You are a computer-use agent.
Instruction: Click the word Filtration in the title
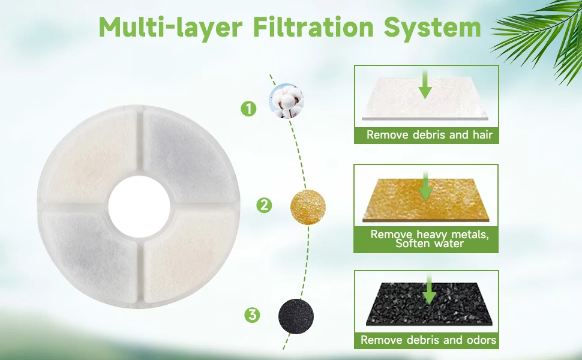313,27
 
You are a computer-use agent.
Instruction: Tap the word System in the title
433,28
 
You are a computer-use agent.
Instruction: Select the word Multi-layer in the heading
170,28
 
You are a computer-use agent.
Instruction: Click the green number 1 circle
248,109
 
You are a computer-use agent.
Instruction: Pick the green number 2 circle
264,205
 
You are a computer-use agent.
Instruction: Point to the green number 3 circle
253,315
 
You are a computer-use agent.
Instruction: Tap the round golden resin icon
308,207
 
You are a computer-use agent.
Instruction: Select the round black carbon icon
296,316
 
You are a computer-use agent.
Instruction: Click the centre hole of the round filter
139,207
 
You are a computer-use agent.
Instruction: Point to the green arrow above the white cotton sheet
425,85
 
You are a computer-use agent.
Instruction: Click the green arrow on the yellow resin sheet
426,185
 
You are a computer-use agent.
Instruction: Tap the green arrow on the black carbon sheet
430,289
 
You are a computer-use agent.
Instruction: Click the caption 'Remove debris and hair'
430,134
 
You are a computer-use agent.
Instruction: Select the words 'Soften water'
430,244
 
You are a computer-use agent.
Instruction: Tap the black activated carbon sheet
430,304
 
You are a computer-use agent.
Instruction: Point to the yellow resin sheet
426,200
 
